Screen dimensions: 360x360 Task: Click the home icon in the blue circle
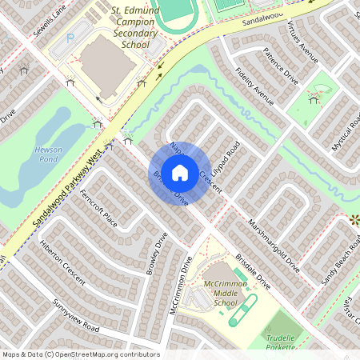(x=180, y=172)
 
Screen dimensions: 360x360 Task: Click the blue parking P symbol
(x=70, y=37)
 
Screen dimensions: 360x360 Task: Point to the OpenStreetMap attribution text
(x=80, y=354)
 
